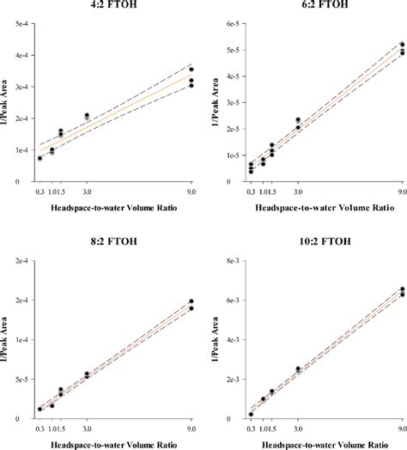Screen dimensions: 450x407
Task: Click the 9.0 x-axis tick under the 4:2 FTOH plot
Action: (191, 192)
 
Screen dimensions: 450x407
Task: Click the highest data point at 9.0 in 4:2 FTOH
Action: (191, 70)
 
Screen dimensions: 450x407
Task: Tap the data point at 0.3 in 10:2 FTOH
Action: (251, 415)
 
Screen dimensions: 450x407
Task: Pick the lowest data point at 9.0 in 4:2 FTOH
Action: (191, 85)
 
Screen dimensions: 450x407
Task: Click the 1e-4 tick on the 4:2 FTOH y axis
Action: (19, 150)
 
